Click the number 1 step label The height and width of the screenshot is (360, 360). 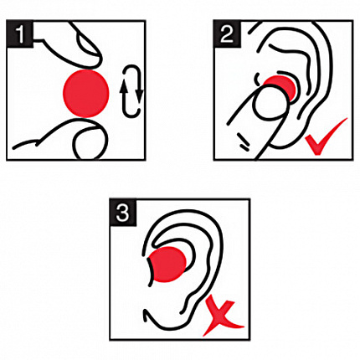[x=20, y=34]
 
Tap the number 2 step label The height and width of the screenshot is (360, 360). [x=227, y=34]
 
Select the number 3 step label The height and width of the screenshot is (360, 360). [x=123, y=213]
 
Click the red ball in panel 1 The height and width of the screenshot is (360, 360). [x=86, y=93]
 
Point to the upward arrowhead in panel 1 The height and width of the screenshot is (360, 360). [x=124, y=89]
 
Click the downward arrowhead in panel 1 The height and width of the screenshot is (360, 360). [x=139, y=96]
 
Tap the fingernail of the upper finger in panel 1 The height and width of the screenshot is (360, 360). [x=89, y=44]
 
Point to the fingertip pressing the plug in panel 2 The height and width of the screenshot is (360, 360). [x=270, y=102]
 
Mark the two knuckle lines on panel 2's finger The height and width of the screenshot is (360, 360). [x=244, y=141]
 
